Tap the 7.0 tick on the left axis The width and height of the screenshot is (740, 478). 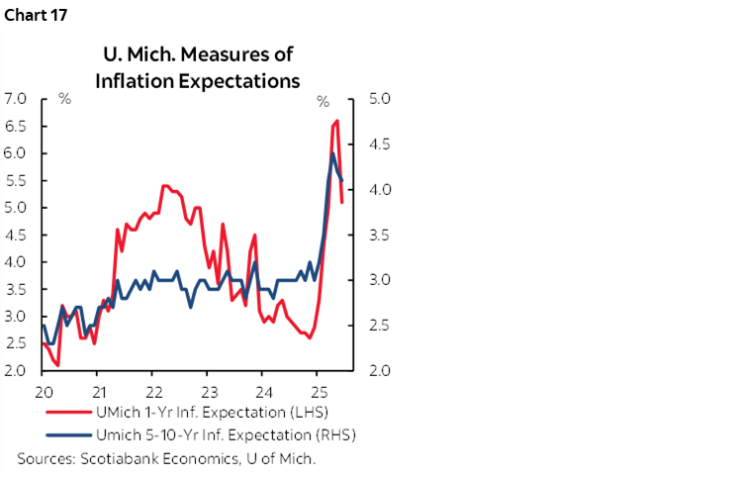click(x=15, y=99)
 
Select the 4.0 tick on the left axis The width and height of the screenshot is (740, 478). click(x=15, y=262)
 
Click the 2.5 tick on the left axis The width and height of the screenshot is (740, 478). click(x=15, y=343)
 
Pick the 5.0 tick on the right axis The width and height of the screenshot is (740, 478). click(x=381, y=99)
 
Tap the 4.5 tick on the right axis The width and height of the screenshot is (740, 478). click(x=381, y=144)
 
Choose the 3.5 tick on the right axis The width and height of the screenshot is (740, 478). click(x=381, y=236)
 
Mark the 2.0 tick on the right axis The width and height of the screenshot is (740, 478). click(x=381, y=371)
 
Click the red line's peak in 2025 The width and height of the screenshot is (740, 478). click(x=337, y=121)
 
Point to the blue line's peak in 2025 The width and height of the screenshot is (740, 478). click(x=333, y=153)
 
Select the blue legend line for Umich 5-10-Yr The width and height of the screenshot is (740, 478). click(x=65, y=434)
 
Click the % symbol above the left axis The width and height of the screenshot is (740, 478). click(x=64, y=100)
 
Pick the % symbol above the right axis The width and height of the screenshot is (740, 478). click(x=323, y=100)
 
